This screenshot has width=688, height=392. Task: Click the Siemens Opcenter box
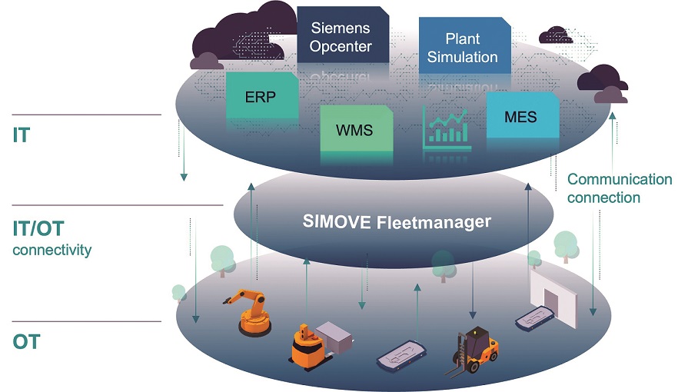[341, 37]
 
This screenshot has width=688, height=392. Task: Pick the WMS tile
[354, 130]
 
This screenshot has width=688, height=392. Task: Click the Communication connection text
[620, 188]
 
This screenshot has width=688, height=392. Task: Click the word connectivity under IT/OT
[52, 250]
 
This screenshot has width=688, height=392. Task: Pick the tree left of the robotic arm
[222, 260]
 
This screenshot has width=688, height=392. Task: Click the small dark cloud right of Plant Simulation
[556, 35]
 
